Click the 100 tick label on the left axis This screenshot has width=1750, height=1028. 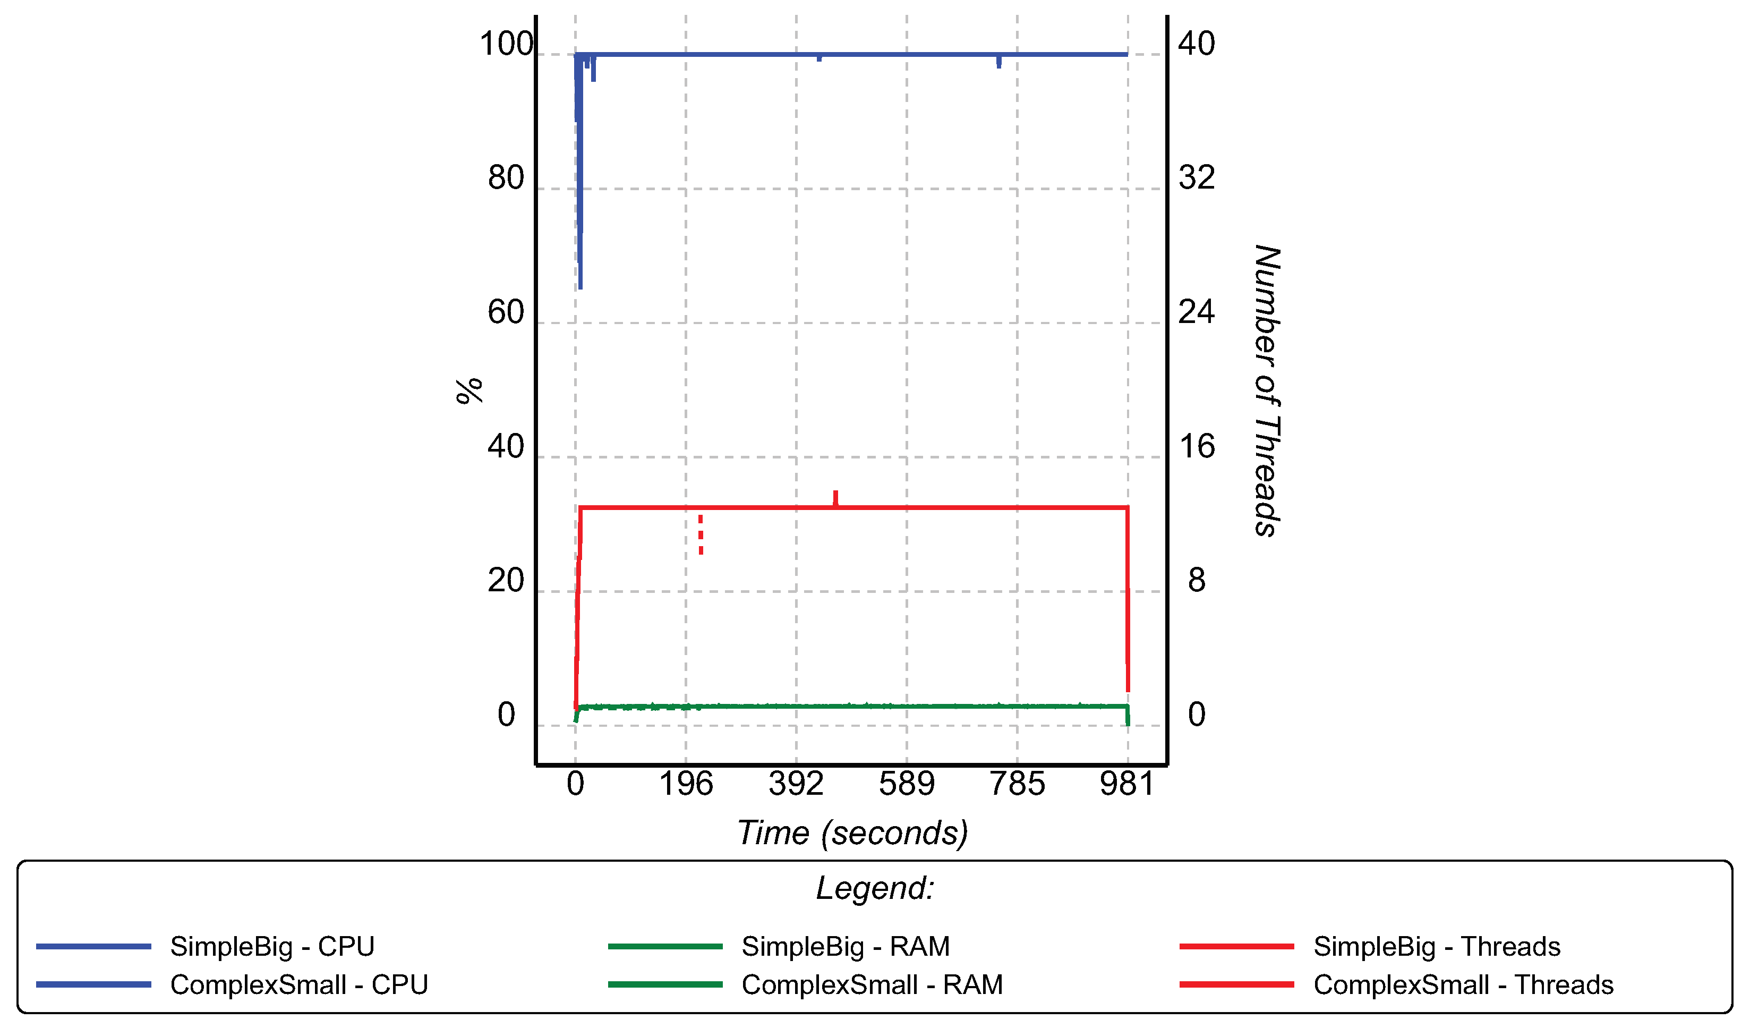click(x=506, y=45)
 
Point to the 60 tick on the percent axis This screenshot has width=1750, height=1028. click(x=506, y=312)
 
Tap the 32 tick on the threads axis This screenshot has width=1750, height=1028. click(x=1197, y=178)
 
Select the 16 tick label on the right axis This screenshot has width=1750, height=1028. click(x=1197, y=447)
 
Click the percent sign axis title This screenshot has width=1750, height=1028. click(x=469, y=391)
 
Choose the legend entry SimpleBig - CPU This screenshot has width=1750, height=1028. click(x=272, y=947)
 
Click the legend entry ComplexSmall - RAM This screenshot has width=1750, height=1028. click(x=872, y=985)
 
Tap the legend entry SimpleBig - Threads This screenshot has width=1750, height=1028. click(x=1437, y=947)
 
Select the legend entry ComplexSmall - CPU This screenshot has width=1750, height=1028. click(x=298, y=985)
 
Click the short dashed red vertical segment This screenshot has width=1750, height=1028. click(x=701, y=535)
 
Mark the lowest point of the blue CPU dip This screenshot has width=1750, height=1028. click(x=581, y=286)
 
